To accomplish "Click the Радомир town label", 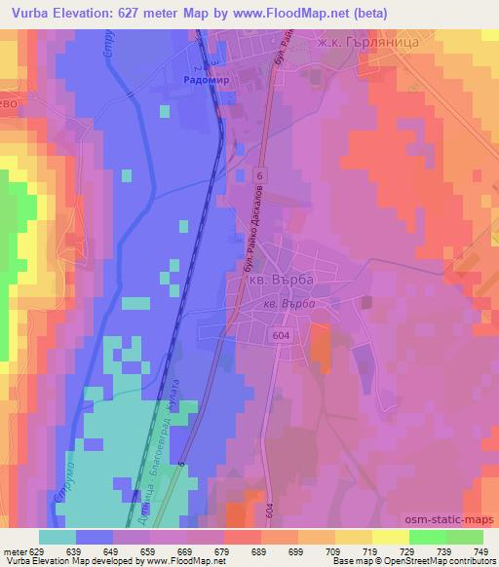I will pyautogui.click(x=206, y=83).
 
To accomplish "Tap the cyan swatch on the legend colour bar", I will pyautogui.click(x=58, y=537).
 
